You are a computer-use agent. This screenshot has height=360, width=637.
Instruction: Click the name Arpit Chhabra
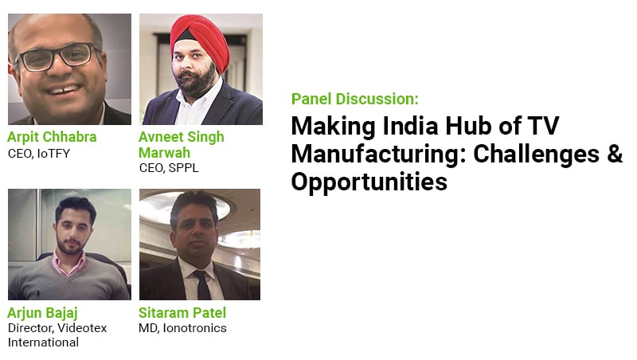pos(52,137)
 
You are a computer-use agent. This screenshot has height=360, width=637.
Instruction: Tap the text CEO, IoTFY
pos(39,154)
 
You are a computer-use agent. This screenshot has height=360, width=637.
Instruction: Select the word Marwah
pos(165,153)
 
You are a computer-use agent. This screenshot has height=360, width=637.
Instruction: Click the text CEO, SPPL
pos(169,168)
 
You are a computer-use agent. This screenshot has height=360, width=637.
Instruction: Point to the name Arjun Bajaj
pos(43,313)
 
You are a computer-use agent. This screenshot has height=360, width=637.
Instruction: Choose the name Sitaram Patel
pos(182,313)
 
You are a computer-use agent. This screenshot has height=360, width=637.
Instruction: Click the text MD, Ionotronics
pos(183,328)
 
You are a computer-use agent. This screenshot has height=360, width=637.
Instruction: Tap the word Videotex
pos(83,328)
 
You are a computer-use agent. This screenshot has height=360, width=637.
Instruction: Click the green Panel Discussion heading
pos(355,99)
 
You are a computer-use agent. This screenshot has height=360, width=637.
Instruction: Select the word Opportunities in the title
pos(369,182)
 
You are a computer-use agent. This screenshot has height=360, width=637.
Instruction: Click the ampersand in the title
pos(615,154)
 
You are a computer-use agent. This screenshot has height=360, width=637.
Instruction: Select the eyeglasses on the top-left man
pos(57,57)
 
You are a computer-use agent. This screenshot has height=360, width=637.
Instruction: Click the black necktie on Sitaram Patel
pos(202,285)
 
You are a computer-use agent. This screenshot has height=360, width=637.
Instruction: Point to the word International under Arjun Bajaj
pos(44,342)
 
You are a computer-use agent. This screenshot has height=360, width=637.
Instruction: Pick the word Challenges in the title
pos(537,155)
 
